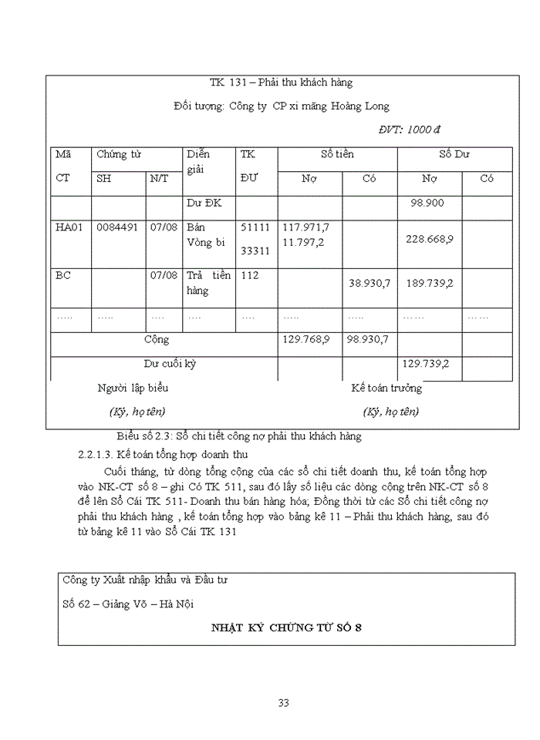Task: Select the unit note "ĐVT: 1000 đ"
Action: [409, 129]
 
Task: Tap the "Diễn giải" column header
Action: [198, 161]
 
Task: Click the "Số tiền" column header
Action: [337, 154]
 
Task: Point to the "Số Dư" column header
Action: [454, 154]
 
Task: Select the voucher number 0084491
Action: [117, 227]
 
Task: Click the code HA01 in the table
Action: [70, 227]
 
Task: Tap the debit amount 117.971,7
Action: [306, 227]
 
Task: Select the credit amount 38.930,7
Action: [370, 283]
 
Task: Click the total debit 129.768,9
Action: [306, 339]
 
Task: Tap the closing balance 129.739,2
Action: [426, 364]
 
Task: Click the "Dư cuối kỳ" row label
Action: [170, 364]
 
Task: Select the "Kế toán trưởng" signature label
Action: [386, 388]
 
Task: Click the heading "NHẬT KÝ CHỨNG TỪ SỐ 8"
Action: [287, 627]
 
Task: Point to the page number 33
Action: [283, 702]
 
